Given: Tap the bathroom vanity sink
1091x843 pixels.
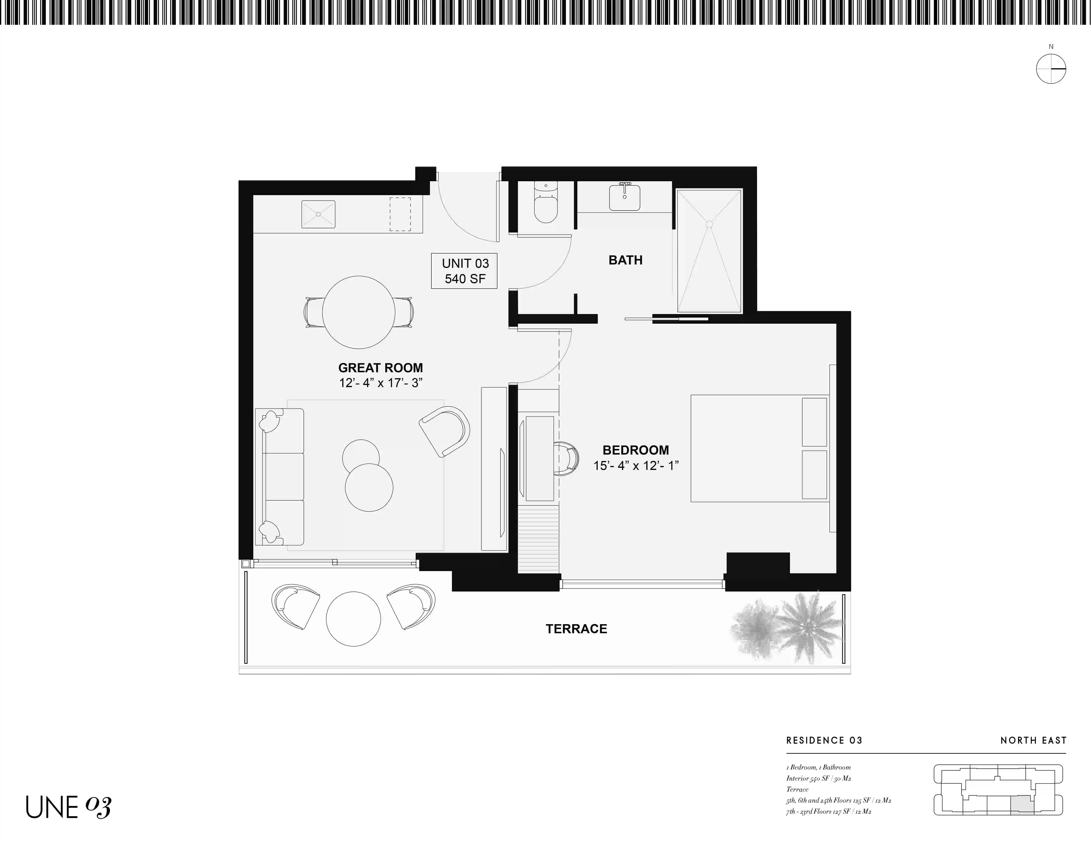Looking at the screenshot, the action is point(624,197).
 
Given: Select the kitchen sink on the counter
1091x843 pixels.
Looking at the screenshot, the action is point(318,214).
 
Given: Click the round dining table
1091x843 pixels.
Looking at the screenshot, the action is point(359,312).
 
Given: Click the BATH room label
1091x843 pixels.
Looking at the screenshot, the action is point(626,260).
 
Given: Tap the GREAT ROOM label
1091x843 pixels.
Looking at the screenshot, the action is point(381,368).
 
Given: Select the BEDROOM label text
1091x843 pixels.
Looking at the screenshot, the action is point(635,450).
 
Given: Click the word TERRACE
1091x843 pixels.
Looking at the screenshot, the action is point(576,629).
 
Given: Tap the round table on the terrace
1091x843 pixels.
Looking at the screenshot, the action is point(353,619).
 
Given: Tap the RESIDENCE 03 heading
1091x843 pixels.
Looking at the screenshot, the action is point(824,740).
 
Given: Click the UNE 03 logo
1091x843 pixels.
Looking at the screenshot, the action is point(68,807).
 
